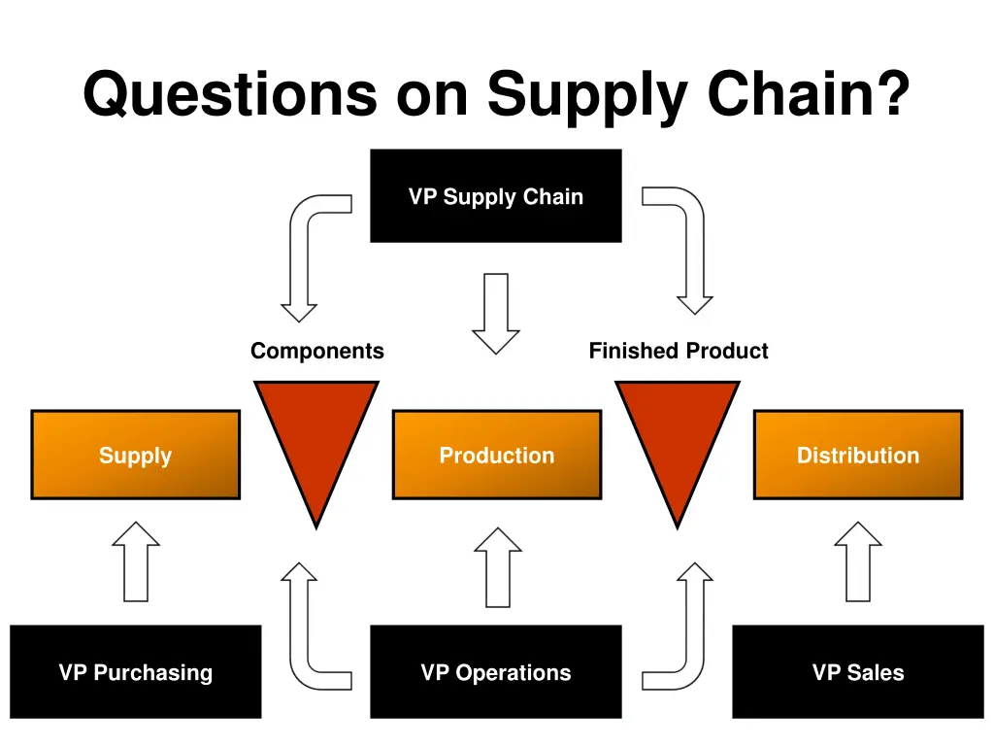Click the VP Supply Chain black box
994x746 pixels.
(495, 195)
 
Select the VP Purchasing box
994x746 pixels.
(135, 672)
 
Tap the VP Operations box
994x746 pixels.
(495, 672)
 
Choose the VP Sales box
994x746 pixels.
(857, 672)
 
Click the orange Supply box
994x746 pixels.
(135, 455)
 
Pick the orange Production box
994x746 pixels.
(496, 455)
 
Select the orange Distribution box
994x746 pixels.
(857, 455)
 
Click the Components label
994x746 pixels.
(316, 351)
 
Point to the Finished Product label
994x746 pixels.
(678, 351)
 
